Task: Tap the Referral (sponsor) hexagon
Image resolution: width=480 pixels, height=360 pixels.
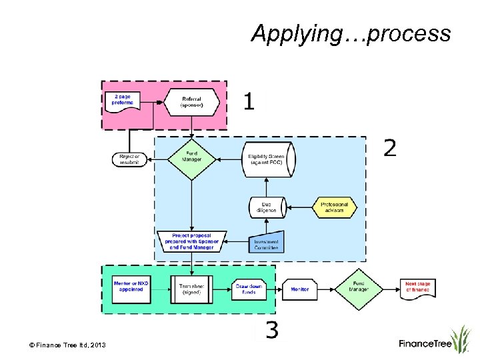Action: pos(192,102)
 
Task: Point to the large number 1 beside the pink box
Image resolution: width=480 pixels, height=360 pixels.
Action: pos(249,101)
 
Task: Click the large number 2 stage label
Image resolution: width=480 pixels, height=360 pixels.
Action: pos(390,148)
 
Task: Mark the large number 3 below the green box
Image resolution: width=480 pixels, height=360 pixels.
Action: pos(272,330)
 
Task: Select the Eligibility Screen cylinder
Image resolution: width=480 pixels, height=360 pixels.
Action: pos(267,159)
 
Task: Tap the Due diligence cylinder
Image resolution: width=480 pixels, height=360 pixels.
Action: pos(267,207)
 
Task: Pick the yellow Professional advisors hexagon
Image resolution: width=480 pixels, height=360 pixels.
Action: pos(335,207)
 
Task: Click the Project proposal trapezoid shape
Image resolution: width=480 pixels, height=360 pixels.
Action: pos(192,241)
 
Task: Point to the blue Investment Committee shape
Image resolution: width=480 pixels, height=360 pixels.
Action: pos(267,242)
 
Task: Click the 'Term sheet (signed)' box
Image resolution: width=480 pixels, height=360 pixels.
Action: pos(191,289)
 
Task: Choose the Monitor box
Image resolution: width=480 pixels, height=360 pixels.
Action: pos(300,289)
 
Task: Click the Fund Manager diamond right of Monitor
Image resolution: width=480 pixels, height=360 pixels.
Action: pos(359,289)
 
